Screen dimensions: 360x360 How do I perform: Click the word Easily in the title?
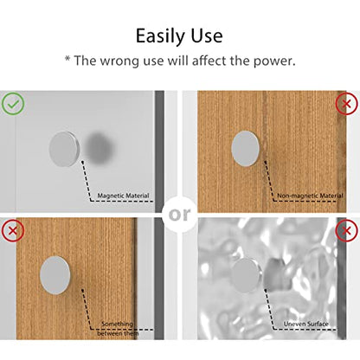coord(160,36)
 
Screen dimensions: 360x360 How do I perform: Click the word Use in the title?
coord(207,35)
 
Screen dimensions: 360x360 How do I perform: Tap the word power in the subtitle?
coord(274,61)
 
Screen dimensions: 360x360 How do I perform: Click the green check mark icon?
coord(13,104)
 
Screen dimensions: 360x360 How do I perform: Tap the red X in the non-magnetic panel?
coord(346,104)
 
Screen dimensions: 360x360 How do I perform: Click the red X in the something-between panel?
coord(13,230)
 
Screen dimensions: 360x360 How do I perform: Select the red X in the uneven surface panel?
coord(346,230)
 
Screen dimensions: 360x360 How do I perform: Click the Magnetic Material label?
coord(123,196)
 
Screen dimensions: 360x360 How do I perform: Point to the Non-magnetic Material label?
coord(310,196)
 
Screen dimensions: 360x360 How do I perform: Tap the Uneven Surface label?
coord(306,324)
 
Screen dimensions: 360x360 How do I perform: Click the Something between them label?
coord(118,329)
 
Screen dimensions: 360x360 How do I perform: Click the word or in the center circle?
coord(179,215)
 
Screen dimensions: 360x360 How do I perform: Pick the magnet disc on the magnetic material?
coord(64,149)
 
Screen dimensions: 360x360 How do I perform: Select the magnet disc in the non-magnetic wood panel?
coord(246,148)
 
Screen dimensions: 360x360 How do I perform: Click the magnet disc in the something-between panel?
coord(55,275)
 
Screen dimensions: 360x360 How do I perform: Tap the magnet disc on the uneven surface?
coord(247,276)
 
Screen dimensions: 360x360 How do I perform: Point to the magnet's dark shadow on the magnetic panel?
coord(100,149)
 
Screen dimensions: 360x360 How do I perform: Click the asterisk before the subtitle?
coord(67,59)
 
